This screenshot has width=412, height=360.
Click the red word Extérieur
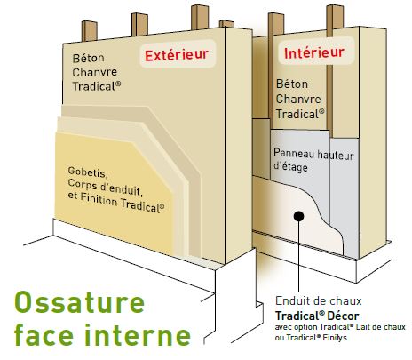[177, 55]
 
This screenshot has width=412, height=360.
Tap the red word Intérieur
[314, 52]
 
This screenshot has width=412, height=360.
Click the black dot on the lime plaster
[299, 216]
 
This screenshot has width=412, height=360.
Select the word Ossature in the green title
[79, 302]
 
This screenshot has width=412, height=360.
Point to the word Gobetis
[88, 172]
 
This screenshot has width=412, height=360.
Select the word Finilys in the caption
[336, 338]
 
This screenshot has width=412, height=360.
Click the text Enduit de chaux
[319, 301]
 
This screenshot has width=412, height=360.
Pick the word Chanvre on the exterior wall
[95, 72]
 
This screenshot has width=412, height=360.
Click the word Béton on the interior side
[292, 84]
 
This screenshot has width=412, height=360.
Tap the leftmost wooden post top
[90, 30]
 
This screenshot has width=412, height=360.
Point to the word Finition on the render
[99, 199]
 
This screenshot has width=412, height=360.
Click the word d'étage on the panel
[290, 167]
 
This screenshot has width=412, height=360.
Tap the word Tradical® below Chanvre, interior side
[300, 114]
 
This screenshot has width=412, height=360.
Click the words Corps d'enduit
[105, 188]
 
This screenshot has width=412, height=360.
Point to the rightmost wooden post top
[335, 16]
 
